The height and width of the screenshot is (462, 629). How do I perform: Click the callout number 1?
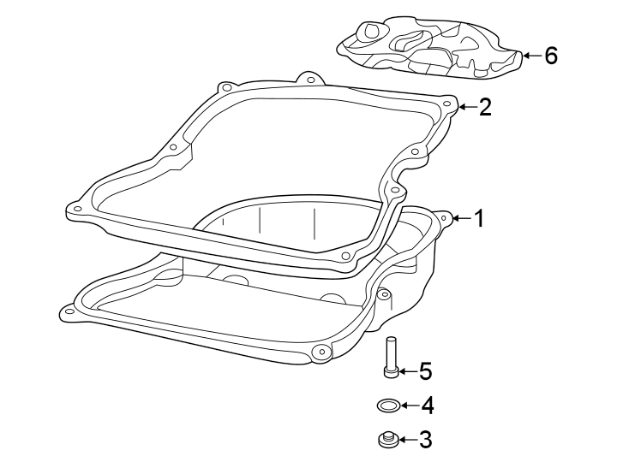pyautogui.click(x=480, y=219)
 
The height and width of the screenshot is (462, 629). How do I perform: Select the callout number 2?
pyautogui.click(x=485, y=107)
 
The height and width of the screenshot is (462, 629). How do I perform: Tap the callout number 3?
pyautogui.click(x=425, y=441)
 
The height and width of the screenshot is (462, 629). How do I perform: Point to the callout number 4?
pyautogui.click(x=426, y=406)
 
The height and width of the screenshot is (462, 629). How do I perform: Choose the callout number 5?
pyautogui.click(x=425, y=371)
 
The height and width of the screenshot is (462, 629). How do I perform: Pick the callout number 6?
pyautogui.click(x=550, y=56)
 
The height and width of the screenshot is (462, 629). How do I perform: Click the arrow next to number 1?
pyautogui.click(x=461, y=219)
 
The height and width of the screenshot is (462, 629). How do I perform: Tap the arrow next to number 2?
pyautogui.click(x=465, y=107)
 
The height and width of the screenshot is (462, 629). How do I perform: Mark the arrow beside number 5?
pyautogui.click(x=406, y=371)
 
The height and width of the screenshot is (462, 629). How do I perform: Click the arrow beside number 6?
pyautogui.click(x=531, y=56)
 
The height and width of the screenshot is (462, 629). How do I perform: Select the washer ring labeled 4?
pyautogui.click(x=387, y=405)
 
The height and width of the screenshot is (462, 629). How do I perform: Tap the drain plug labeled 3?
pyautogui.click(x=386, y=441)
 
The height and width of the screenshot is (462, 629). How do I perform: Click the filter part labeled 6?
pyautogui.click(x=428, y=47)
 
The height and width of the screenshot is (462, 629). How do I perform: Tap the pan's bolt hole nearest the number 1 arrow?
pyautogui.click(x=443, y=218)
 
